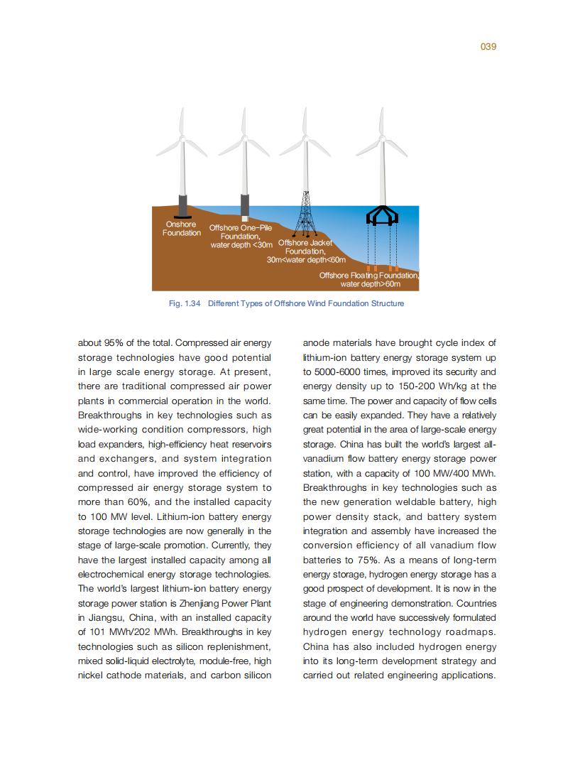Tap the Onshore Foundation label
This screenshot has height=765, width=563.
coord(181,229)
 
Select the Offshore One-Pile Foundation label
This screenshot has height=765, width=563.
coord(241,237)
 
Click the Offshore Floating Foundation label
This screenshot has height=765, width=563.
coord(369,279)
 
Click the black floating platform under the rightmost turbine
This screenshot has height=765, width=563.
coord(382,215)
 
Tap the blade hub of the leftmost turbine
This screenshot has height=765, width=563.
coord(182,136)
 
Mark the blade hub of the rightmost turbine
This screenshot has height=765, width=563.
coord(383,136)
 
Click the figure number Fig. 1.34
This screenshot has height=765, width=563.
coord(185,303)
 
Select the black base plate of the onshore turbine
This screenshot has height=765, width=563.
coord(182,216)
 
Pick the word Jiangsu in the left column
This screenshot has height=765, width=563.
coord(106,618)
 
